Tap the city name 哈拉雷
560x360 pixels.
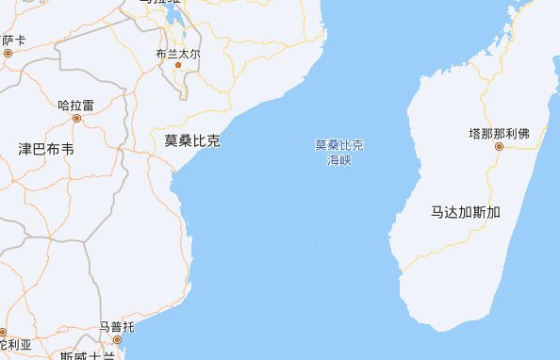[x=76, y=106]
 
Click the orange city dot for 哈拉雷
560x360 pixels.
[x=76, y=120]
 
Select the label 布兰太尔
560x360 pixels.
[x=178, y=54]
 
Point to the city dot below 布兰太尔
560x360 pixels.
[x=177, y=66]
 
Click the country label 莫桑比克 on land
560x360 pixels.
[x=191, y=140]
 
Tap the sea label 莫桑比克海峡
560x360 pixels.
[x=338, y=153]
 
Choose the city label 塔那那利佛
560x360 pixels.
[x=499, y=133]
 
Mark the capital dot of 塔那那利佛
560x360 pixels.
[x=499, y=146]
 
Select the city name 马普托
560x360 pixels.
[x=117, y=327]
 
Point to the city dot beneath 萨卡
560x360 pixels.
[x=8, y=53]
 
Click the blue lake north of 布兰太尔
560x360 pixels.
[x=178, y=23]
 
